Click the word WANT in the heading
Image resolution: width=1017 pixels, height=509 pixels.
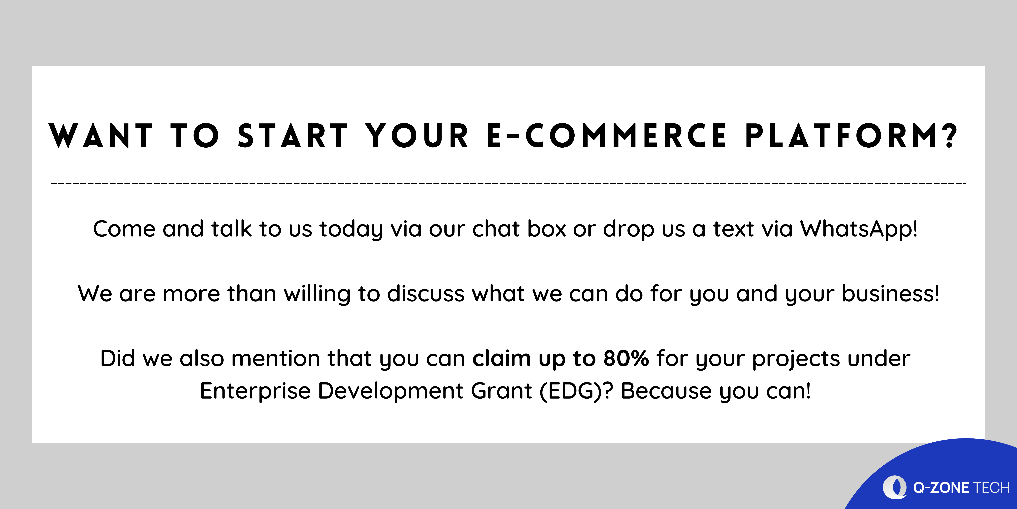coord(101,135)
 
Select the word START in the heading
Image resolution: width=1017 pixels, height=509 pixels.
coord(293,135)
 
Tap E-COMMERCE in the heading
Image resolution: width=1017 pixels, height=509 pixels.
coord(606,135)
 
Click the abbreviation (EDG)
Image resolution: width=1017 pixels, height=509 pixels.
coord(571,391)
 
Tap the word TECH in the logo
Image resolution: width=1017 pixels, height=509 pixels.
coord(991,488)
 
